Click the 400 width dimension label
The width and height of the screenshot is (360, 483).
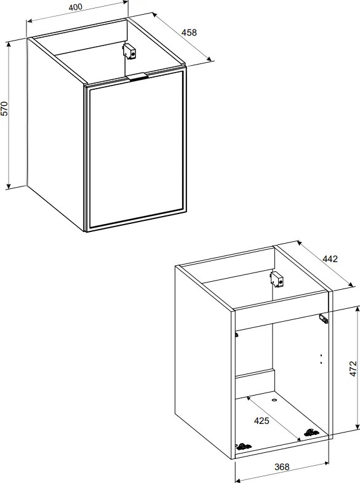click(76, 7)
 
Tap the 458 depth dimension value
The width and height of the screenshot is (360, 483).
click(189, 33)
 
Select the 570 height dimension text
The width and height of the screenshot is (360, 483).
click(5, 108)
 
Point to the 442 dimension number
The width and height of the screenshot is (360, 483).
click(330, 259)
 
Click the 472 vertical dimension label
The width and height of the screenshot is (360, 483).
click(353, 369)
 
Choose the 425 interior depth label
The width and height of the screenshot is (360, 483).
click(262, 420)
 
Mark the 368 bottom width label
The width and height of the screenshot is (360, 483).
click(282, 467)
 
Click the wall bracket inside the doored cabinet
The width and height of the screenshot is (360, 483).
click(129, 52)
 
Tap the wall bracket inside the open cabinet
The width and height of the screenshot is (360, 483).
click(277, 279)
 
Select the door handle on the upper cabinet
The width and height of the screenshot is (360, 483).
click(137, 76)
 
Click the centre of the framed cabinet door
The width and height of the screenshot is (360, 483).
click(135, 151)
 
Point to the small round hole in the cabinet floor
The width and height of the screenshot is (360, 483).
click(274, 401)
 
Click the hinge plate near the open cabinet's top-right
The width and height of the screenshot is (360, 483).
click(324, 319)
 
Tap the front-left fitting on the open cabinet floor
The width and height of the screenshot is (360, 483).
click(243, 446)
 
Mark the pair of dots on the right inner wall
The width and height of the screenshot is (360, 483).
click(321, 359)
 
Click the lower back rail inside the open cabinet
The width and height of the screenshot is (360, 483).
click(255, 382)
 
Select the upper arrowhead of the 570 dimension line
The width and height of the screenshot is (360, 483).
click(9, 46)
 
